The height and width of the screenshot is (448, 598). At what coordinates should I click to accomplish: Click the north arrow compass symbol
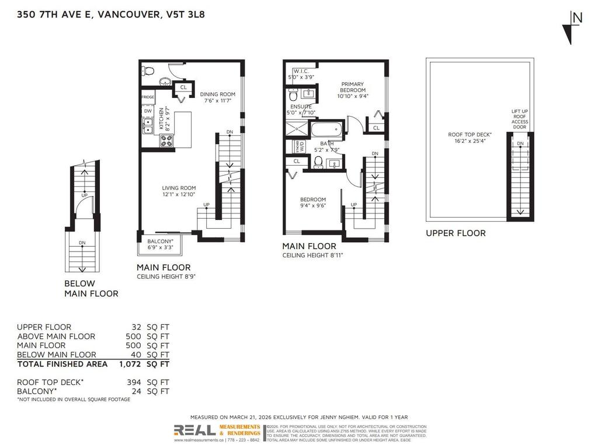pyautogui.click(x=571, y=27)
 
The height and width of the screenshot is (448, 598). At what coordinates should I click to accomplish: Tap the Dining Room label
pyautogui.click(x=217, y=97)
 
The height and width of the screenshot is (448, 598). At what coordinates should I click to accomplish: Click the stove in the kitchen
pyautogui.click(x=166, y=140)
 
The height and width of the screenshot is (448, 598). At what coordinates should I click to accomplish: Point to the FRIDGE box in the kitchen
pyautogui.click(x=148, y=97)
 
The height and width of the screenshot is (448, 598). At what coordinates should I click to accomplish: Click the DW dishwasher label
pyautogui.click(x=147, y=111)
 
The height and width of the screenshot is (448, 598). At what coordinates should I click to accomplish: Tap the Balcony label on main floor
pyautogui.click(x=160, y=244)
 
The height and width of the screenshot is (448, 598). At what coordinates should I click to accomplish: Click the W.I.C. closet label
pyautogui.click(x=300, y=73)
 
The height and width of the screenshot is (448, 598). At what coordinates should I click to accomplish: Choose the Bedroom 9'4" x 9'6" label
pyautogui.click(x=312, y=202)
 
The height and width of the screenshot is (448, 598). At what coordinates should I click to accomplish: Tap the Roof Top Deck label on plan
pyautogui.click(x=470, y=138)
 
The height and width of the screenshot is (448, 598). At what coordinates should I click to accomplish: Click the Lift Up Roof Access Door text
pyautogui.click(x=519, y=119)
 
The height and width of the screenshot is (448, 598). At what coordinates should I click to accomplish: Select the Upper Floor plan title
pyautogui.click(x=456, y=233)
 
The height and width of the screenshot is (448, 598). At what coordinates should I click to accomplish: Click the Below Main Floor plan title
pyautogui.click(x=91, y=289)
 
